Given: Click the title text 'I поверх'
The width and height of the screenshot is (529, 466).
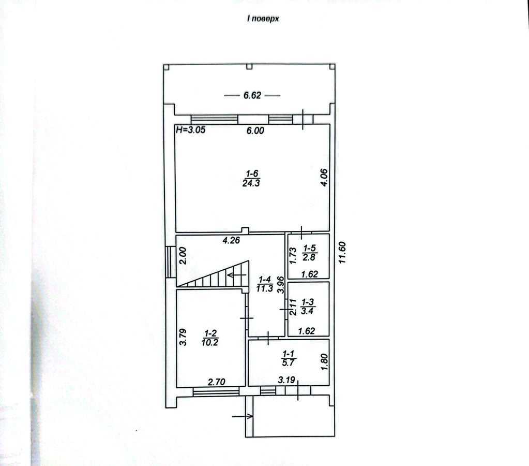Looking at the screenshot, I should [263, 19].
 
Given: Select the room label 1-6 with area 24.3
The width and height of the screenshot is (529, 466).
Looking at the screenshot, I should [251, 178].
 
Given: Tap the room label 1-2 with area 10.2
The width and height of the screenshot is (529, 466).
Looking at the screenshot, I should [210, 338].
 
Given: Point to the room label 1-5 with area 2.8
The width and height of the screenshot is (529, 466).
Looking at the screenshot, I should [309, 253].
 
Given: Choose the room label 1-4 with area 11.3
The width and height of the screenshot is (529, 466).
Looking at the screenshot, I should [265, 284].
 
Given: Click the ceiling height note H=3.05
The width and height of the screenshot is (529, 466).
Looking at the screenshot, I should [191, 130].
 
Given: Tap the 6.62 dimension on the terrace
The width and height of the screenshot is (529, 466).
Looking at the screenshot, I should [252, 95].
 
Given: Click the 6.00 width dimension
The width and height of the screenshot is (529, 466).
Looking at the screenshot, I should [255, 131].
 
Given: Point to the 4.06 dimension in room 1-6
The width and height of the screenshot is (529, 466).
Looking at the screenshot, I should [324, 178].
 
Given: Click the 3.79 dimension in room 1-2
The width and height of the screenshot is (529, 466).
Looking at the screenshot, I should [183, 336].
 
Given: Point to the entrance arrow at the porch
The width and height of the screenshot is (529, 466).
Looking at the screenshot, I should [241, 415].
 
